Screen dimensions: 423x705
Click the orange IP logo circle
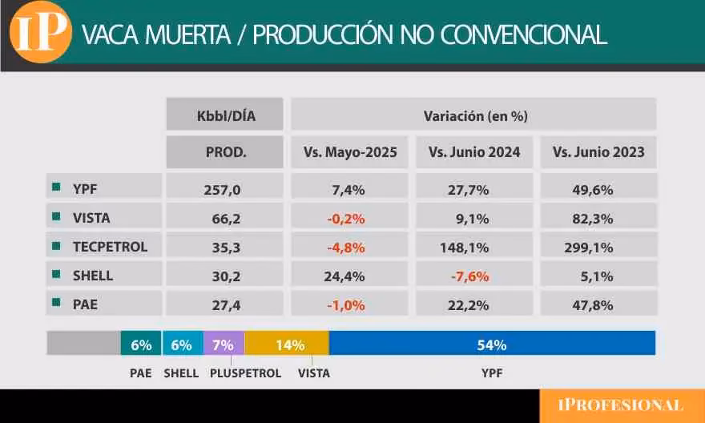(x=39, y=33)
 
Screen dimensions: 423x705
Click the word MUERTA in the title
(x=195, y=34)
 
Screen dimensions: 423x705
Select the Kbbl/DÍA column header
(x=225, y=115)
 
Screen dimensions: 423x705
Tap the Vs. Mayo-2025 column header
(x=349, y=152)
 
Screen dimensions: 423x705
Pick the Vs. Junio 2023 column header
(x=598, y=152)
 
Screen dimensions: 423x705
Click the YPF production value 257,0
(x=225, y=190)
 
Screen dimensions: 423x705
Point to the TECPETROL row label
(x=110, y=247)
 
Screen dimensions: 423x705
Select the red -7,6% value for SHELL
(x=474, y=276)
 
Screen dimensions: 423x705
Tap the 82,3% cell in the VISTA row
(x=598, y=218)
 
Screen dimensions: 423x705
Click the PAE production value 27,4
(x=225, y=305)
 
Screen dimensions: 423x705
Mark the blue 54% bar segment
(x=492, y=344)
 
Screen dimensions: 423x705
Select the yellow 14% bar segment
(x=287, y=344)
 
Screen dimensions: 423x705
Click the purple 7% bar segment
(x=224, y=344)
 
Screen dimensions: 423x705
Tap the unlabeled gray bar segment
(x=83, y=344)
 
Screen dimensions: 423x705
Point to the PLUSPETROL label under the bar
(x=245, y=373)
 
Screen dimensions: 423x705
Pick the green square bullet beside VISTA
(x=56, y=217)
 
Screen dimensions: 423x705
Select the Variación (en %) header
(x=474, y=115)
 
